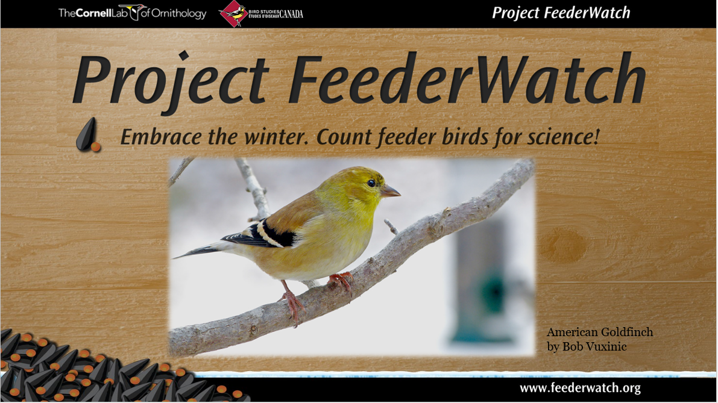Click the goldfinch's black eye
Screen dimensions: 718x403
click(x=371, y=184)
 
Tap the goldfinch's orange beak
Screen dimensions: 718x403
click(x=389, y=191)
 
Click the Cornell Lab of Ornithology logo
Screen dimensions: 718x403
click(x=133, y=13)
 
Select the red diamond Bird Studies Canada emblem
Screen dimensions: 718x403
click(x=233, y=14)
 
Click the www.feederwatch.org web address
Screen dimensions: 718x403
click(x=580, y=388)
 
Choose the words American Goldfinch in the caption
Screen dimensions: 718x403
click(x=600, y=332)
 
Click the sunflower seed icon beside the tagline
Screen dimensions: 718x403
click(x=89, y=135)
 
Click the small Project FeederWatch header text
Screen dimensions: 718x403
click(x=561, y=13)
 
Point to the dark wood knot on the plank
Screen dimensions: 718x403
click(x=563, y=245)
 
